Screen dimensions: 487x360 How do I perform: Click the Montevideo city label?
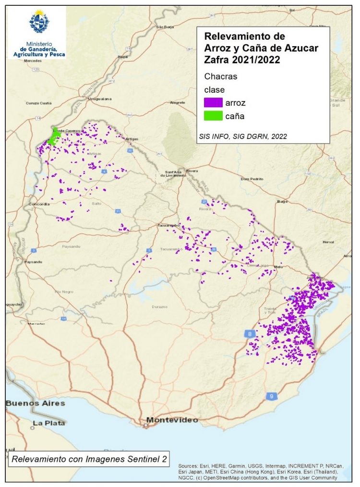172,420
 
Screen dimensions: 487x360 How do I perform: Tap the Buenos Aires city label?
35,403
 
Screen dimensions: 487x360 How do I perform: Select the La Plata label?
45,424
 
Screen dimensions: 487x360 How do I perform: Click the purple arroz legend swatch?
213,102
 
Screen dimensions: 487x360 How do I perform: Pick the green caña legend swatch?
213,116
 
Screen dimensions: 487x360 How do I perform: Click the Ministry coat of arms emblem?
37,22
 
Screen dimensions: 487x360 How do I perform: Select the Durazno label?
159,306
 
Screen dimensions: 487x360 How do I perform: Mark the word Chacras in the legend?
221,77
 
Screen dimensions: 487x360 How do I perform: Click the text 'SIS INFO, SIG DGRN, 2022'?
242,136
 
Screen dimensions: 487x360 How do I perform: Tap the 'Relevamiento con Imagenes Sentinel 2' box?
89,459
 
